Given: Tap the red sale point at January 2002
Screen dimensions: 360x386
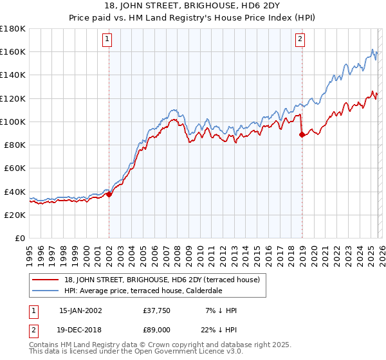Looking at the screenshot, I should pos(109,194).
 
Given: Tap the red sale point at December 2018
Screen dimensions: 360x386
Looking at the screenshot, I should pos(302,134).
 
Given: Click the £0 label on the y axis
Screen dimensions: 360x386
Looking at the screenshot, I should pos(20,238).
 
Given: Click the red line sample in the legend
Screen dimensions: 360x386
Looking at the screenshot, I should pos(46,280).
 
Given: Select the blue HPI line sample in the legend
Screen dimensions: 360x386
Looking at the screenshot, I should pos(46,291).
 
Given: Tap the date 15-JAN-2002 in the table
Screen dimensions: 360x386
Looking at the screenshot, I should pos(80,310).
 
